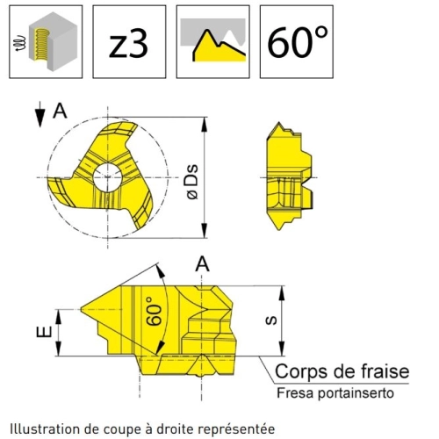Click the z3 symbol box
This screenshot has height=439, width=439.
coord(129,41)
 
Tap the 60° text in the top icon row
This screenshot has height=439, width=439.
coord(298,42)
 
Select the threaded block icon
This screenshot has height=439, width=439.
coord(46,41)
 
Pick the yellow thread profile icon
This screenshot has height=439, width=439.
coord(213,41)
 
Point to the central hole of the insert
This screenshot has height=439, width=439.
coord(108,177)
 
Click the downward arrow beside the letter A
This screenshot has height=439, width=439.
coord(40,114)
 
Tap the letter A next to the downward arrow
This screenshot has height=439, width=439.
coord(60,112)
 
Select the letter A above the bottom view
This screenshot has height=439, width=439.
coord(203,264)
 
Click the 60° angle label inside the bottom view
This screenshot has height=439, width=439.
coord(154,311)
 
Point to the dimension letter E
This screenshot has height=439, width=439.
coord(44,332)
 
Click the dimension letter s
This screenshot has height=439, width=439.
coord(271,320)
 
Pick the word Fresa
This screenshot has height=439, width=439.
coord(296,392)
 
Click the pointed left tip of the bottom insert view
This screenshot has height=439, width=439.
coord(81,309)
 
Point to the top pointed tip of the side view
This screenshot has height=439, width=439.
coord(278,123)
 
